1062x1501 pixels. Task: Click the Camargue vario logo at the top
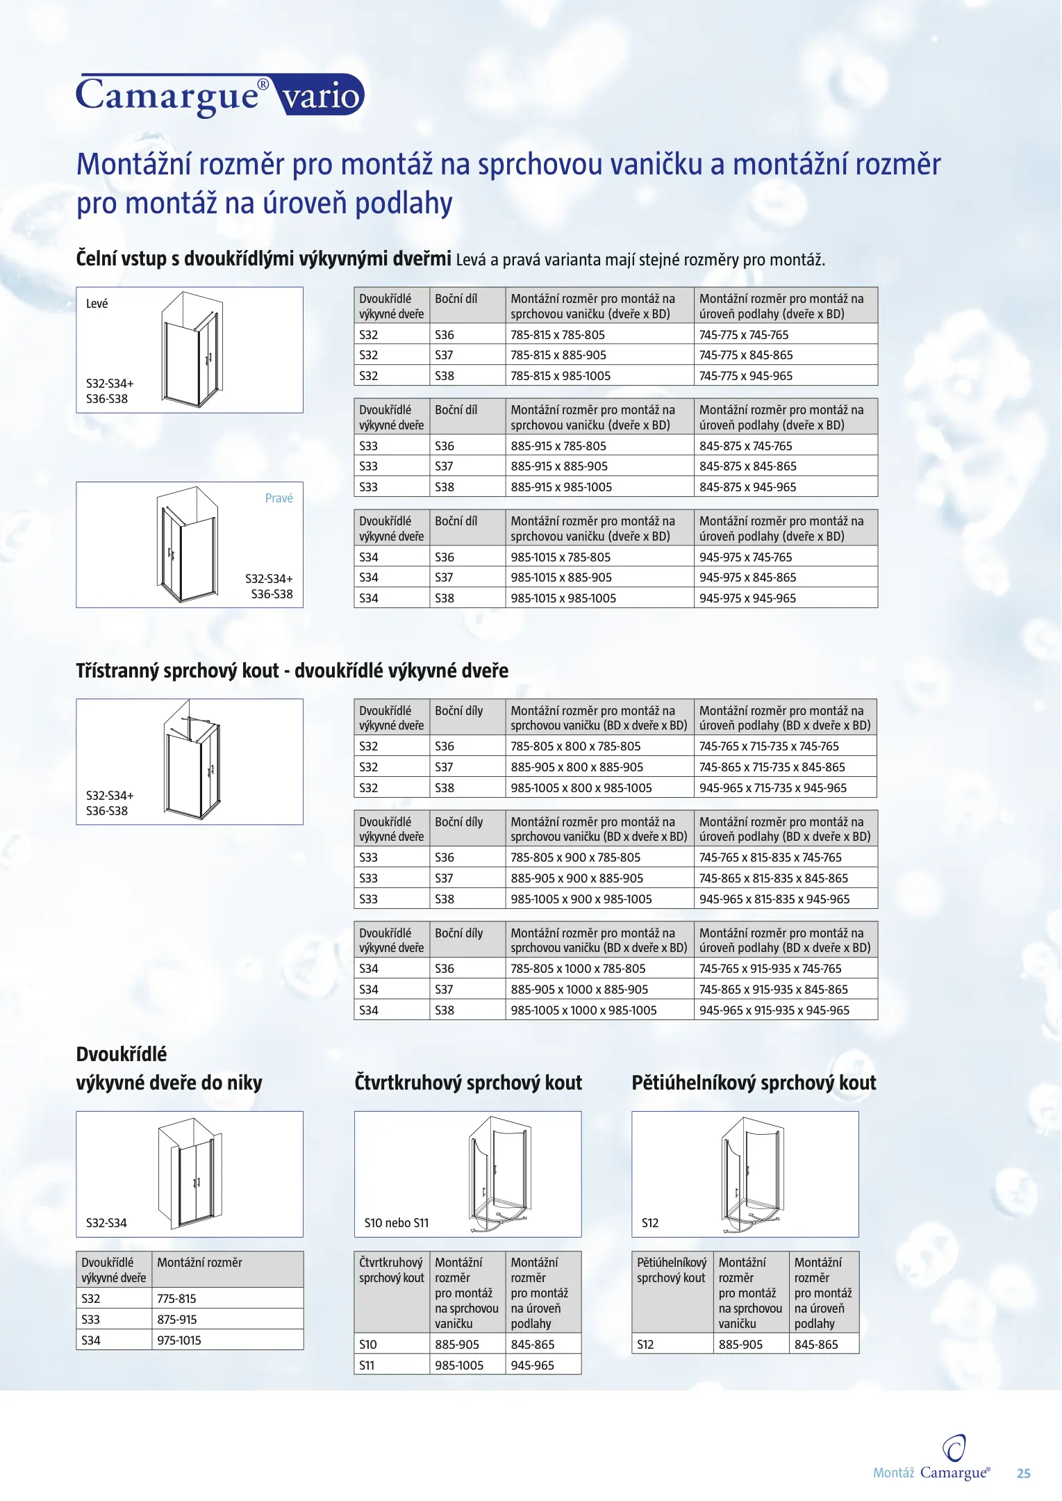point(219,95)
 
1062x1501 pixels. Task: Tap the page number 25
point(1023,1473)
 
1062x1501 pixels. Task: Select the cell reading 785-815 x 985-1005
point(561,376)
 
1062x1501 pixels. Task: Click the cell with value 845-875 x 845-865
point(747,466)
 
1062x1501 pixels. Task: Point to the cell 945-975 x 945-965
point(747,598)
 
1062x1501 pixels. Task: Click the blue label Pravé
point(279,498)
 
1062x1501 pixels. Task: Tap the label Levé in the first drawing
point(97,304)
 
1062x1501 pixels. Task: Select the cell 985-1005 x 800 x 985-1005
point(581,788)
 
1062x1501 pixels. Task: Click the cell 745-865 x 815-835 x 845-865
point(774,878)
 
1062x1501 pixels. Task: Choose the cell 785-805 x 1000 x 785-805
point(578,969)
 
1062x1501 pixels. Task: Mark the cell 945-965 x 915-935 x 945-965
point(774,1010)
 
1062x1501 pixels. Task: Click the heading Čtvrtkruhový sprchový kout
point(468,1083)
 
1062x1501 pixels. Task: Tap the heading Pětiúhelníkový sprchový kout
point(754,1083)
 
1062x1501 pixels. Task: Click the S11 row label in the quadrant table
point(367,1365)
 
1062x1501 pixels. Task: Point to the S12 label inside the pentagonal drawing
point(650,1223)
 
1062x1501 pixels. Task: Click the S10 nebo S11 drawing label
point(397,1223)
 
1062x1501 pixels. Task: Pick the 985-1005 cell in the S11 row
point(459,1365)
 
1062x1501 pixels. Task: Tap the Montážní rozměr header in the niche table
point(200,1263)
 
